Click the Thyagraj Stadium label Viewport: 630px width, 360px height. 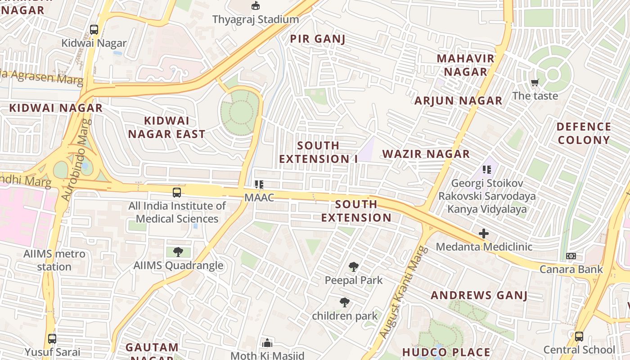255,19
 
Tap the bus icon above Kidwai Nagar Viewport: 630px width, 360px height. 94,30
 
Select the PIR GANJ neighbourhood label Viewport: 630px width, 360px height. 318,39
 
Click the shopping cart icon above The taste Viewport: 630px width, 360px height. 535,82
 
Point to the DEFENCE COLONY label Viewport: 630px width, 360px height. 584,133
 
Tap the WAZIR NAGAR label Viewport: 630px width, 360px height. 426,154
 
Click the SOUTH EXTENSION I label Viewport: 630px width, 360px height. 319,152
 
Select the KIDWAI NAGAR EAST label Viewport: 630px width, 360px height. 166,127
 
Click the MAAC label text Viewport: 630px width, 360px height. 259,198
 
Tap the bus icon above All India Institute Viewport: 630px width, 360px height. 177,193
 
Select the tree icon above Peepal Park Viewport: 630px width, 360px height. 354,267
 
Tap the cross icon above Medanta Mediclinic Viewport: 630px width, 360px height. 484,234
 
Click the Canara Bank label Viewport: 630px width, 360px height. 571,269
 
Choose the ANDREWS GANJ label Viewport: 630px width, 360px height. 479,295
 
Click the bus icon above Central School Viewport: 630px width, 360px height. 579,337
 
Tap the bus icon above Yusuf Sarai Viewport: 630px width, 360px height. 52,338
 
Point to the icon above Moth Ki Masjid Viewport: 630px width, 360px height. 267,343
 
